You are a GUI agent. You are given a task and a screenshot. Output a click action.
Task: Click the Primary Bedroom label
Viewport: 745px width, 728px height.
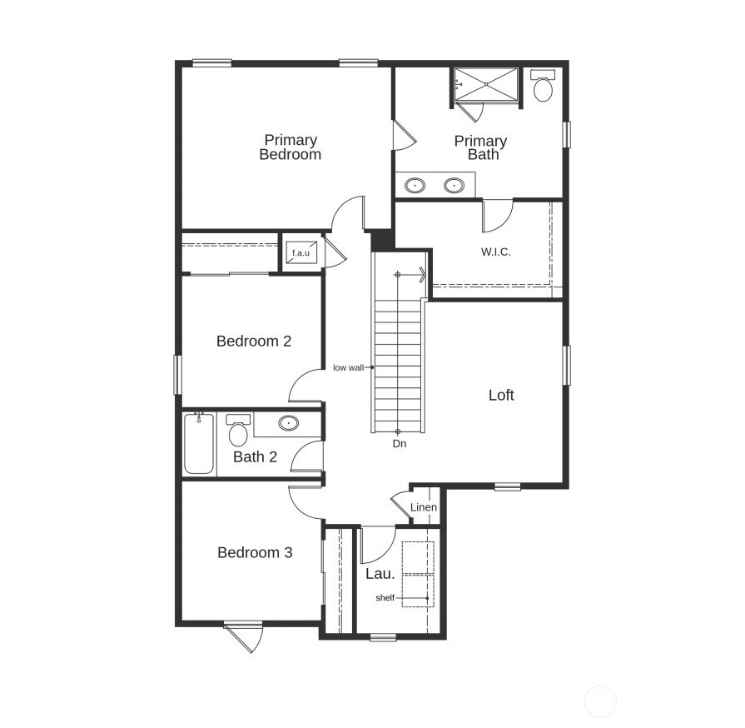290,147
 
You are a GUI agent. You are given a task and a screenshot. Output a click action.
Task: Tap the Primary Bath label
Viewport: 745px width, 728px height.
480,147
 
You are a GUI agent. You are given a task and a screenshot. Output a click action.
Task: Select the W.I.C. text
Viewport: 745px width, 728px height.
495,251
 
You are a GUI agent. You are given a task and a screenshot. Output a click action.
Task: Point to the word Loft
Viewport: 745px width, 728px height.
501,395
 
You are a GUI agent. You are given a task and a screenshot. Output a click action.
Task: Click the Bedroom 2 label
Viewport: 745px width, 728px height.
254,341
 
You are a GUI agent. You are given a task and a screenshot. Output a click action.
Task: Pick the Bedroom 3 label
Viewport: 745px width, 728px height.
255,552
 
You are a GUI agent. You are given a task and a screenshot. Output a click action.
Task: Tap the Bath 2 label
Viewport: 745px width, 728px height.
255,456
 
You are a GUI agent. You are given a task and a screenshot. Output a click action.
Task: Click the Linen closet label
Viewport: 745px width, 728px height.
424,507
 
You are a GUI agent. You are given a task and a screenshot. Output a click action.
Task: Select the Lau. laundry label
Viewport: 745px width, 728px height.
380,574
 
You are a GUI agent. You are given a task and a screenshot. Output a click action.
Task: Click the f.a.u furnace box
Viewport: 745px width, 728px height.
300,252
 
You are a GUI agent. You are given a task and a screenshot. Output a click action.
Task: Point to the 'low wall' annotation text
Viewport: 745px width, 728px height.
348,367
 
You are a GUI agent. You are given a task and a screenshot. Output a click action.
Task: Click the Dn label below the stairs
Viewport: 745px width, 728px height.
400,444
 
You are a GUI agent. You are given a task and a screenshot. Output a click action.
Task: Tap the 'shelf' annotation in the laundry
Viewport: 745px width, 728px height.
385,598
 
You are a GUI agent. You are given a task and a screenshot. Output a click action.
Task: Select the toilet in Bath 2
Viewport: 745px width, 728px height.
238,431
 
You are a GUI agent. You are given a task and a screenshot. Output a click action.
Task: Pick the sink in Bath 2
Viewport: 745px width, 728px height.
289,423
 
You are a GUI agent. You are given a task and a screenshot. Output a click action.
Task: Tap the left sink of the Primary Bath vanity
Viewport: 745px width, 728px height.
414,185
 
